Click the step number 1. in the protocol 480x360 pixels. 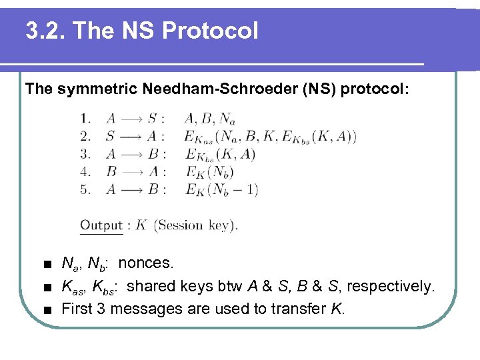tap(86, 119)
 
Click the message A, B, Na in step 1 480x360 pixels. tap(209, 120)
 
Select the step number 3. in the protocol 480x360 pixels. tap(86, 154)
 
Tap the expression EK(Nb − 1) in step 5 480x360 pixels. tap(221, 189)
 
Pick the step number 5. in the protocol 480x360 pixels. tap(86, 189)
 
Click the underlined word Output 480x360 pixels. tap(101, 225)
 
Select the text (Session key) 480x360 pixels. tap(195, 225)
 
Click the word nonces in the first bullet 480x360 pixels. tap(146, 263)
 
